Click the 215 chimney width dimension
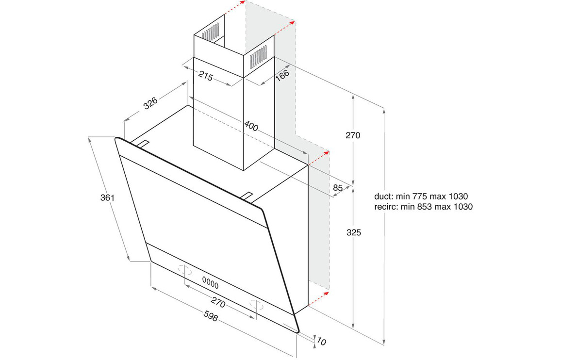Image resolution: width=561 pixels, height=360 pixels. coord(206,76)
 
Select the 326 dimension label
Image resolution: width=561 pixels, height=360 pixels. coord(150,103)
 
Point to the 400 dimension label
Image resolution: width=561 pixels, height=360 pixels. coord(251,126)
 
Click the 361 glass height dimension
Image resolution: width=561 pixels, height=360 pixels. coord(107,197)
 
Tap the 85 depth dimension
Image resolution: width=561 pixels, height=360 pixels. coord(338,187)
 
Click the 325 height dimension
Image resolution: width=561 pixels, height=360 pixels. coord(353,232)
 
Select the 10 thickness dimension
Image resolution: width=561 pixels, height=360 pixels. coord(322,342)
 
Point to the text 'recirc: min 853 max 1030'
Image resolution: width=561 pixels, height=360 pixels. coord(423,207)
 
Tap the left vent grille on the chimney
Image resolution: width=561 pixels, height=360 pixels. coord(210,32)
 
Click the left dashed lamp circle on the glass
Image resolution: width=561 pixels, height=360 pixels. coord(185,269)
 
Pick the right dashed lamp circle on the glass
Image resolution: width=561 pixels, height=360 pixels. coord(257,304)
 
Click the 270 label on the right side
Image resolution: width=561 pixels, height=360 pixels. coord(353,135)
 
